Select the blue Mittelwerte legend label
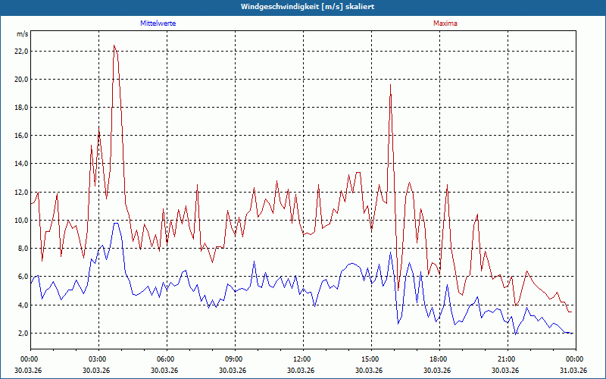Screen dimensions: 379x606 [158, 23]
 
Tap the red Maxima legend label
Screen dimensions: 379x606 [445, 23]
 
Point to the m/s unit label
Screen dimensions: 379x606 [23, 35]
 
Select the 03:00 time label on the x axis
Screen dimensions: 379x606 [98, 359]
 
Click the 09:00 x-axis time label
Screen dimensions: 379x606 [234, 359]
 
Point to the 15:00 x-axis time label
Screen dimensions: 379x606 [370, 359]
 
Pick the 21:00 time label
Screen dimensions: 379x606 [507, 359]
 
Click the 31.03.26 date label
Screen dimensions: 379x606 [574, 370]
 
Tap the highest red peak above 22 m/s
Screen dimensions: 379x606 [114, 45]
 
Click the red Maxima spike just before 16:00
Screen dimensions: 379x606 [390, 85]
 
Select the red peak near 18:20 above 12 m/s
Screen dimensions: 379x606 [447, 185]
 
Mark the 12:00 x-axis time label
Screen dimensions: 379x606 [302, 359]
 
